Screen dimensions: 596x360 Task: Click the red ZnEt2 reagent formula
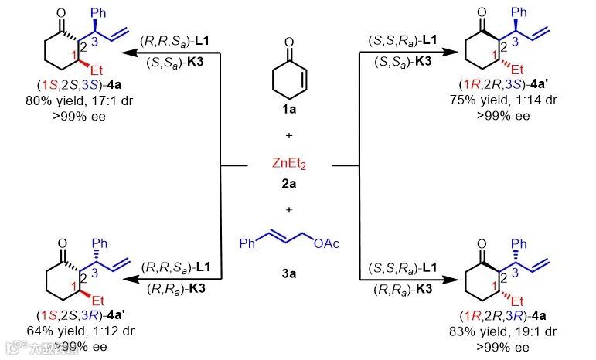point(289,165)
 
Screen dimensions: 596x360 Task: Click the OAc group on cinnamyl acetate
point(328,245)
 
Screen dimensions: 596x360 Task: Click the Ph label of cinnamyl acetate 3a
point(247,245)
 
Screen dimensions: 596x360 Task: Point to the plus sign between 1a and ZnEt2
point(289,135)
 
